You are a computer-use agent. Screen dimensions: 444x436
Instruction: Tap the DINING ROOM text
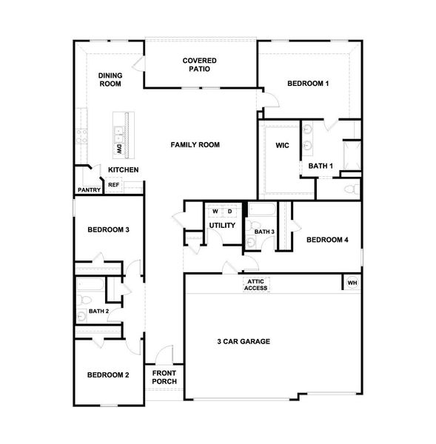tap(110, 79)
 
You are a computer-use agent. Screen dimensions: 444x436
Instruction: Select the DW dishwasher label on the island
tap(118, 148)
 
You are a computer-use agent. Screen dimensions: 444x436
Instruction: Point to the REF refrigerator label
tap(113, 185)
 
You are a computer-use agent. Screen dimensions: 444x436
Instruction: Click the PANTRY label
tap(87, 190)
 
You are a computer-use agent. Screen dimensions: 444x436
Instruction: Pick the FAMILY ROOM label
tap(195, 145)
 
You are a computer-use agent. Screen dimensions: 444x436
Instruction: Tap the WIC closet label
tap(282, 145)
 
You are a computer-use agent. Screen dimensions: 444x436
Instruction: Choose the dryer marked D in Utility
tap(229, 211)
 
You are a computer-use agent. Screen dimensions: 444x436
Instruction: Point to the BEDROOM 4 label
tap(326, 239)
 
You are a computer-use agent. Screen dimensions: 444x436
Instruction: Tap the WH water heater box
tap(352, 283)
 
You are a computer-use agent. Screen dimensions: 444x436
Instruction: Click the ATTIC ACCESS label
tap(256, 285)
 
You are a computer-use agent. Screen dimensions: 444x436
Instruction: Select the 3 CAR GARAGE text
tap(243, 341)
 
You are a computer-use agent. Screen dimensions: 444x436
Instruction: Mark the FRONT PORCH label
tap(164, 377)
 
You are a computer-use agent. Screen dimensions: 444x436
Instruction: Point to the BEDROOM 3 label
tap(109, 229)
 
